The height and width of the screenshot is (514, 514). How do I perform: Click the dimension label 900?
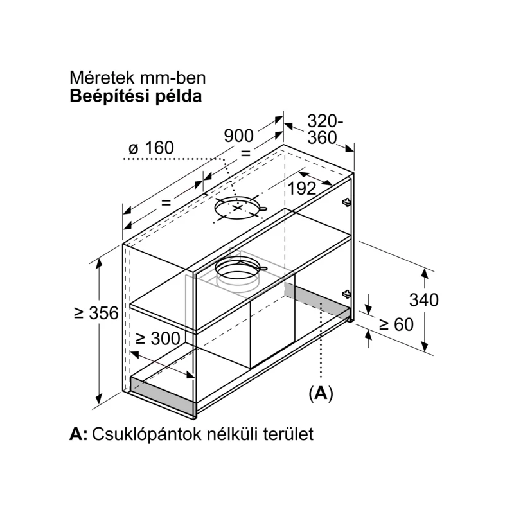(238, 136)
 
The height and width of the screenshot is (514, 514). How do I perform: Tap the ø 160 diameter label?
(151, 148)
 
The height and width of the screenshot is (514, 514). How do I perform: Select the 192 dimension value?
(302, 188)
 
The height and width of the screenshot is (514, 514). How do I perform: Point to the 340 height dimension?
(423, 300)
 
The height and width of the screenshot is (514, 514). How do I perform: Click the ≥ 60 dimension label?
(396, 324)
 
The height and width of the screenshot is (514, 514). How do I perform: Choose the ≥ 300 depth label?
(158, 339)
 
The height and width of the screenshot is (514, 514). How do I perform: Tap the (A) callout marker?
(321, 393)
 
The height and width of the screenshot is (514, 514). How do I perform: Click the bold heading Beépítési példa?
(136, 96)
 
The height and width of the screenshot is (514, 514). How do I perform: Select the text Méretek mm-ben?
(137, 78)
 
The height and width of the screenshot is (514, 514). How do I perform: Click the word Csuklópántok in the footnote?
(146, 434)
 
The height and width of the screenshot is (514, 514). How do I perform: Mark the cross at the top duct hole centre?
(238, 208)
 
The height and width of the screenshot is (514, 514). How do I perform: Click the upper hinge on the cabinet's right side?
(346, 202)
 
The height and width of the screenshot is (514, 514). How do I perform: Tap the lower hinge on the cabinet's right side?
(346, 294)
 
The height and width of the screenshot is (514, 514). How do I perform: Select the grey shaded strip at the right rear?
(317, 301)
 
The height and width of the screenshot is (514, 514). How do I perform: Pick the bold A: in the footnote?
(78, 434)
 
